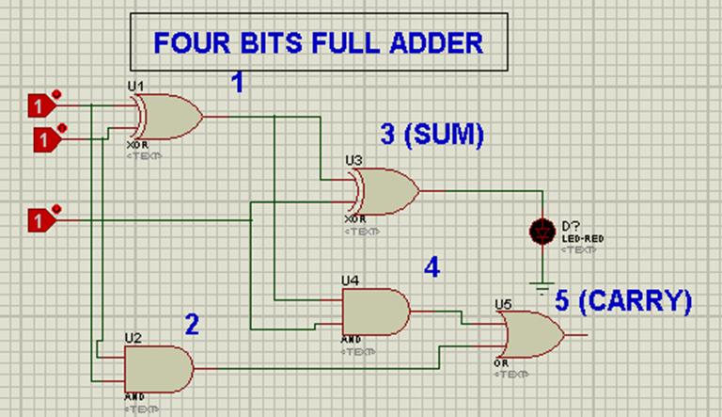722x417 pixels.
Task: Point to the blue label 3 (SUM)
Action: (x=432, y=136)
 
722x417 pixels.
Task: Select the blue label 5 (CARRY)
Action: (x=622, y=301)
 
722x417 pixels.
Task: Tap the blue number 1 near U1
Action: (x=237, y=84)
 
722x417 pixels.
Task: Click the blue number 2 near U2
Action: (x=192, y=326)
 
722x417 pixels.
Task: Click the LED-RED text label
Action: (x=583, y=239)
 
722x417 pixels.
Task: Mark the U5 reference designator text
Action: (x=503, y=304)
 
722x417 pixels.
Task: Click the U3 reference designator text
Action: (x=353, y=161)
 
